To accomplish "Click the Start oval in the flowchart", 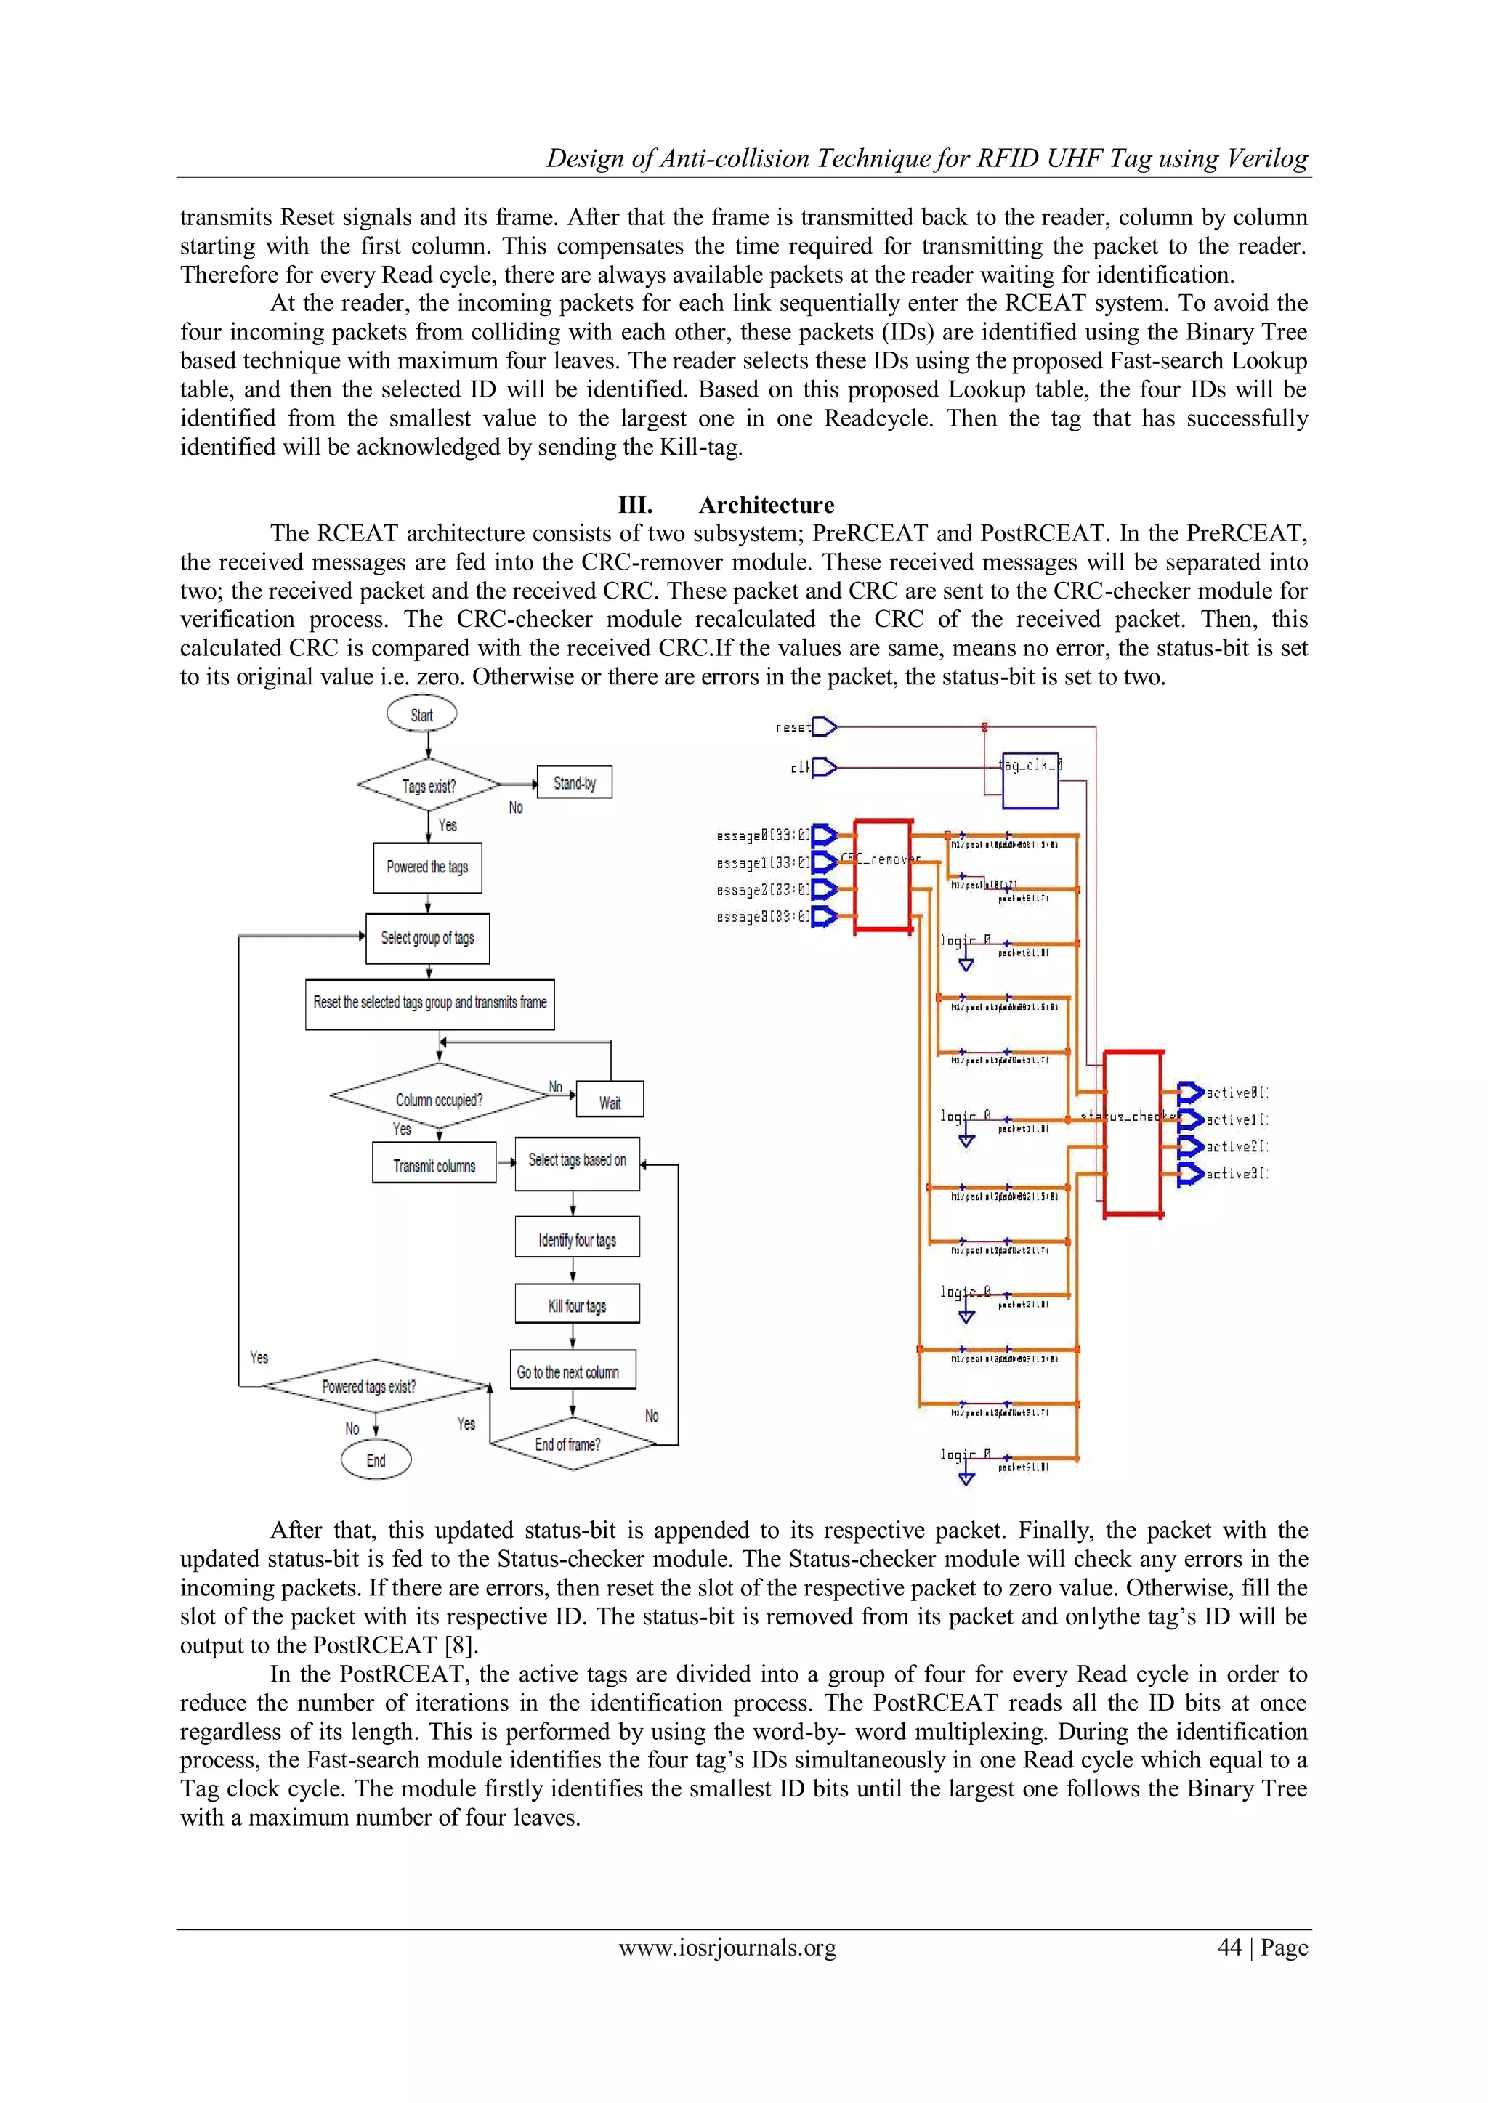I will tap(421, 714).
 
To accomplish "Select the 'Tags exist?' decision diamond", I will tap(429, 786).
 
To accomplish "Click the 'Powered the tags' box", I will tap(427, 867).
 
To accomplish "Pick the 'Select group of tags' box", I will tap(427, 938).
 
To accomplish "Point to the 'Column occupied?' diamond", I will tap(439, 1098).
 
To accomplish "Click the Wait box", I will tap(610, 1102).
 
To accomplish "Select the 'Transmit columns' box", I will tap(434, 1165).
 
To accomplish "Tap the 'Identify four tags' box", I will tap(577, 1239).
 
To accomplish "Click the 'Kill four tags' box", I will tap(577, 1305).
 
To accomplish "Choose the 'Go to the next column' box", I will tap(572, 1371).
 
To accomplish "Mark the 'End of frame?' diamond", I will tap(572, 1443).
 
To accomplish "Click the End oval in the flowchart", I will tap(376, 1460).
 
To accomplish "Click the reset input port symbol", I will tap(825, 727).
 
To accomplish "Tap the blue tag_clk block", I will tap(1030, 780).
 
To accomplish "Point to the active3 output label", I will tap(1237, 1174).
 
